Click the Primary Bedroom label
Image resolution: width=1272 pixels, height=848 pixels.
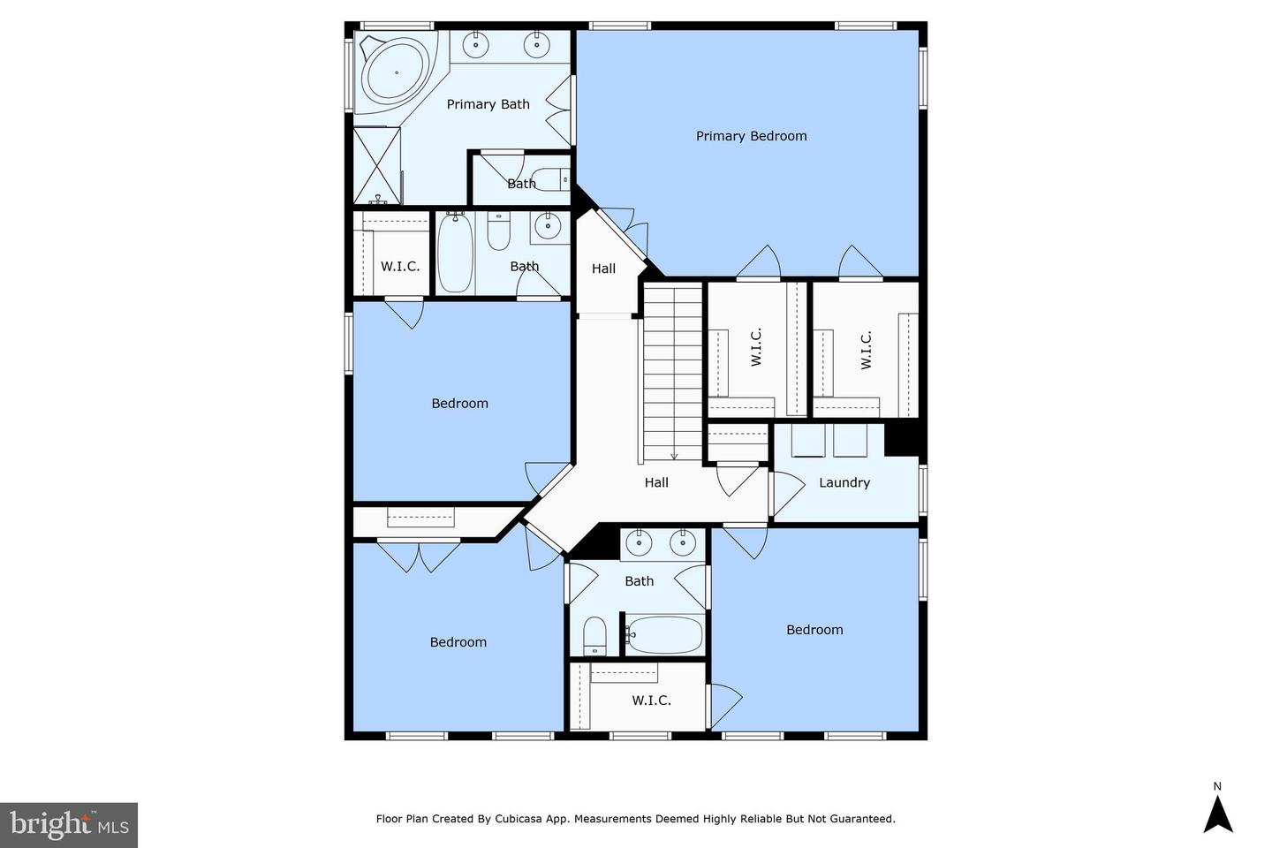751,136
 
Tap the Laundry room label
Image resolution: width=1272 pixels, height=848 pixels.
844,483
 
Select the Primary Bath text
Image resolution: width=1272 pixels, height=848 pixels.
488,104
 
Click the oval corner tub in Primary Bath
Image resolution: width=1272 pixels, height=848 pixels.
397,72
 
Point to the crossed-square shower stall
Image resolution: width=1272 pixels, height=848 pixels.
377,165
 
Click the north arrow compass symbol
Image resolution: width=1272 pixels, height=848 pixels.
1217,814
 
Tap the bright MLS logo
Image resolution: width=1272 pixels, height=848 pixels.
69,825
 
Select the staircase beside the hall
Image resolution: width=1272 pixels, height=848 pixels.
673,372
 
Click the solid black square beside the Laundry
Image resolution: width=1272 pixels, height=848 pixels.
902,440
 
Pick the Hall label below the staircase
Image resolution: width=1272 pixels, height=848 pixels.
656,483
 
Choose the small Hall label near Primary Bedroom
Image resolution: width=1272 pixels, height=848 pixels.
603,269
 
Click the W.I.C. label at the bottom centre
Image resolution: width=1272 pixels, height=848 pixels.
651,700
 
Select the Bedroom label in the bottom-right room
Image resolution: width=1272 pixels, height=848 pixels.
814,630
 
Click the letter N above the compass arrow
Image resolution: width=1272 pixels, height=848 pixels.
1217,787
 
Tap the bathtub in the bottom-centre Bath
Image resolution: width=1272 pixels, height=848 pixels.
664,634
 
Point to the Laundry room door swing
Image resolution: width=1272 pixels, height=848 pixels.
788,493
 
